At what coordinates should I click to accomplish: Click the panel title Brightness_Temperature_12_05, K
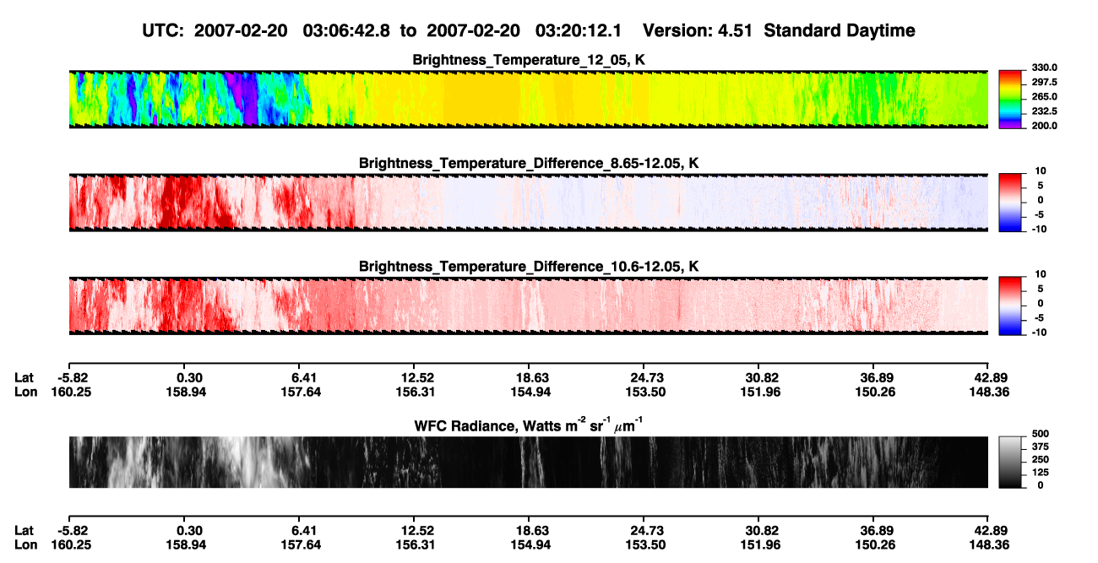(x=529, y=60)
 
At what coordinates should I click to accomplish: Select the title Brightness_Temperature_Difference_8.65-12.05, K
(x=529, y=163)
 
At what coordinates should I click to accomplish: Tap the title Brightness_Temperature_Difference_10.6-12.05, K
(x=529, y=267)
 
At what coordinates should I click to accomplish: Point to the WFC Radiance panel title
(x=529, y=425)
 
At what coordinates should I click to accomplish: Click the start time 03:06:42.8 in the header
(x=346, y=31)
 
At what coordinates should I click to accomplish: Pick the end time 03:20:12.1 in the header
(x=579, y=31)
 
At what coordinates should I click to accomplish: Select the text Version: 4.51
(x=698, y=31)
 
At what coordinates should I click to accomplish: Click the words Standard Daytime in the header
(x=840, y=31)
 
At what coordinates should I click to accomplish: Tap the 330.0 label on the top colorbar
(x=1044, y=68)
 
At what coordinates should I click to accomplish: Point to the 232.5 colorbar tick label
(x=1044, y=111)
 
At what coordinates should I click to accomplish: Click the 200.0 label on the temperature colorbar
(x=1044, y=126)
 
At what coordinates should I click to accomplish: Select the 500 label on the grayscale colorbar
(x=1041, y=434)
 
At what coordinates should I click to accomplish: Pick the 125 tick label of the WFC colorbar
(x=1041, y=473)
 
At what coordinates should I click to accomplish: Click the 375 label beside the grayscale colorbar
(x=1041, y=447)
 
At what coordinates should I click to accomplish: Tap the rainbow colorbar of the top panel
(x=1010, y=100)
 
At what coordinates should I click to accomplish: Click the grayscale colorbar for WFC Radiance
(x=1010, y=462)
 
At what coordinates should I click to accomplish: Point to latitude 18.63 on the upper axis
(x=530, y=378)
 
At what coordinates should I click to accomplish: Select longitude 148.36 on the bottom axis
(x=989, y=545)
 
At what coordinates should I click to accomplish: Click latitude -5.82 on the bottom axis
(x=73, y=531)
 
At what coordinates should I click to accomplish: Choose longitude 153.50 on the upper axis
(x=645, y=392)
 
